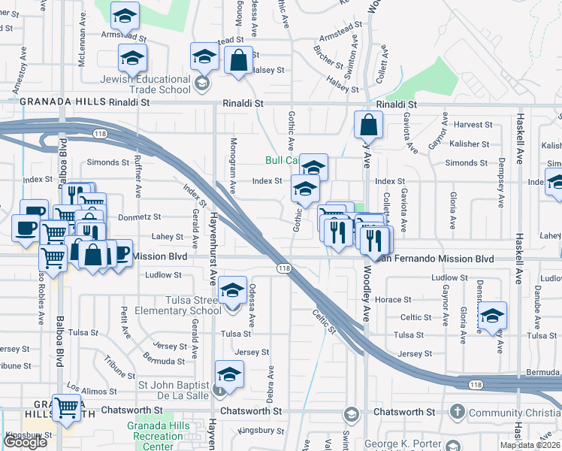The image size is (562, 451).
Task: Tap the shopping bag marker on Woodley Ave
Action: click(368, 125)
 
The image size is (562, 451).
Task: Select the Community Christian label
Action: click(515, 413)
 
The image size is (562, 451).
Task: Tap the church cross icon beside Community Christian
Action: click(457, 412)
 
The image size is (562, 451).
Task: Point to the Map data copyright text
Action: click(530, 445)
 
